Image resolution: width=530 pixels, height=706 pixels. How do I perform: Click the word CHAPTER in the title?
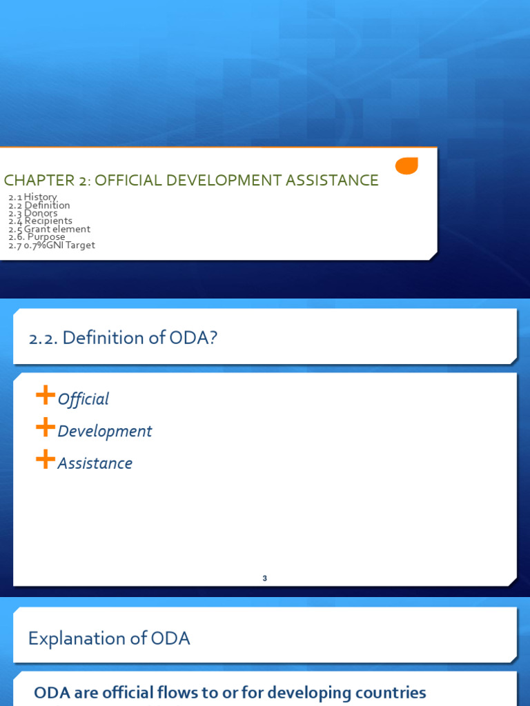click(34, 181)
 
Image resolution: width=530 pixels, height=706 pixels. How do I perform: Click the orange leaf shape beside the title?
click(406, 165)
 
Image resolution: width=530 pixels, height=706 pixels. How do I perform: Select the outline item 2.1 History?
click(32, 197)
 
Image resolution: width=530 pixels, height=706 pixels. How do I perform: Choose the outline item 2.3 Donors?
click(33, 213)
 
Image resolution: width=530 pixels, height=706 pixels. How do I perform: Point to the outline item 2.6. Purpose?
click(37, 237)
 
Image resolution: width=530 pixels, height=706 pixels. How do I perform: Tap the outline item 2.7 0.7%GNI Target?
click(52, 245)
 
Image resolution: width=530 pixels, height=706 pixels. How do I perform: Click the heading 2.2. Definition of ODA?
click(123, 339)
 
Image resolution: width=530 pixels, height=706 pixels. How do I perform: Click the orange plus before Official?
click(46, 396)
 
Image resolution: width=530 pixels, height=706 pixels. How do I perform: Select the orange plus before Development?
click(46, 428)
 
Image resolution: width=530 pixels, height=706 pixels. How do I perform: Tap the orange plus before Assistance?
click(46, 460)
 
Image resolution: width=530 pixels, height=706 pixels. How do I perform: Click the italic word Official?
click(84, 399)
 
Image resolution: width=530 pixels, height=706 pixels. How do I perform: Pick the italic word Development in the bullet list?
click(105, 432)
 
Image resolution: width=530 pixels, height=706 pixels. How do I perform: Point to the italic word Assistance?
click(95, 463)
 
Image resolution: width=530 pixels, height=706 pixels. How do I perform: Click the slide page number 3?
click(264, 578)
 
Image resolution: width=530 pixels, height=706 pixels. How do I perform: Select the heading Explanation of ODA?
click(109, 638)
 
